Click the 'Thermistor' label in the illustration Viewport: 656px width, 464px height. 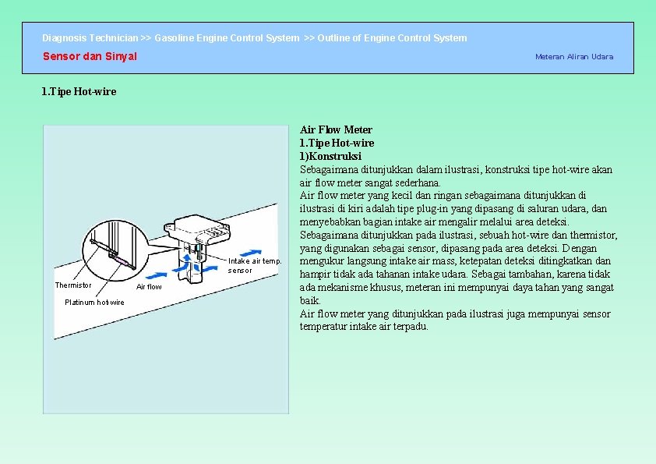(72, 285)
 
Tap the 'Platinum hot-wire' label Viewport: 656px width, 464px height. (94, 303)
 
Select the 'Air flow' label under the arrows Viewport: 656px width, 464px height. (149, 287)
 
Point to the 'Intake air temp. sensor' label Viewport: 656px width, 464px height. (253, 265)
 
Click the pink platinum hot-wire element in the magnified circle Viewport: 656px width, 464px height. (123, 262)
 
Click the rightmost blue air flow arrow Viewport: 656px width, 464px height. (250, 252)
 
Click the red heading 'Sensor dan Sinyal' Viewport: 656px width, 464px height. (90, 56)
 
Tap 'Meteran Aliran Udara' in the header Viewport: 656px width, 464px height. (573, 56)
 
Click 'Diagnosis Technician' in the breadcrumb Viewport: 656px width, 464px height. (90, 37)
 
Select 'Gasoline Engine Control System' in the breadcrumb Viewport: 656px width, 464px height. (227, 37)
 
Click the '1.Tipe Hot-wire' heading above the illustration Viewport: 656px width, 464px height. (79, 92)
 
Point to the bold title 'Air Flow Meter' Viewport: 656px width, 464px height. (336, 129)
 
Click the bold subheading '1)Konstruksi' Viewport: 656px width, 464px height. (330, 156)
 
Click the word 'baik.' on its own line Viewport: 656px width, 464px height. (310, 300)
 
